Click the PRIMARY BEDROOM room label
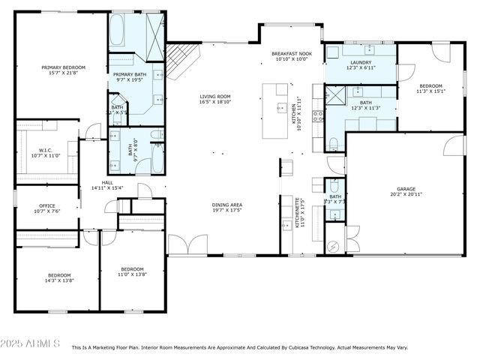tap(61, 67)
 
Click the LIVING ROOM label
tap(214, 96)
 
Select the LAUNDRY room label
tap(359, 62)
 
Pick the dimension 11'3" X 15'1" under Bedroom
tap(430, 91)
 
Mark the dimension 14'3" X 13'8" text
tap(59, 280)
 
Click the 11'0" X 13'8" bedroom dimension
tap(133, 274)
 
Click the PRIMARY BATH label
tap(130, 74)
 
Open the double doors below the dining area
tap(187, 245)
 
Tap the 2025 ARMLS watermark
tap(31, 343)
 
